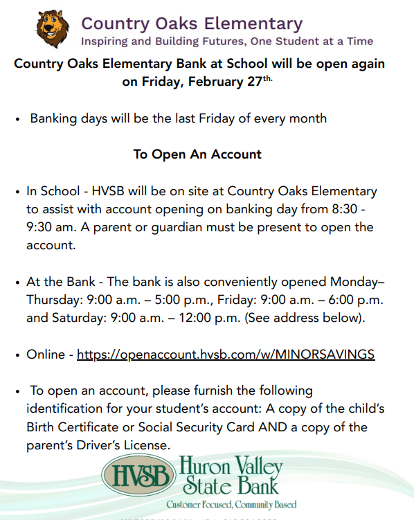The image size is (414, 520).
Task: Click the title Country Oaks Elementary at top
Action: tap(192, 24)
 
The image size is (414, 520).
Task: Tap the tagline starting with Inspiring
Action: tap(227, 42)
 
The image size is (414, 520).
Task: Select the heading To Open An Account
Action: tap(197, 154)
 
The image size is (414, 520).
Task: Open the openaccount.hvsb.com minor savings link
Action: tap(226, 355)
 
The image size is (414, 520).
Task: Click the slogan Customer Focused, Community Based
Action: tap(231, 504)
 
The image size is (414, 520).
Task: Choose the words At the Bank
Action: tap(58, 283)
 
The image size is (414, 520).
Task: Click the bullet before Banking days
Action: tap(17, 119)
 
